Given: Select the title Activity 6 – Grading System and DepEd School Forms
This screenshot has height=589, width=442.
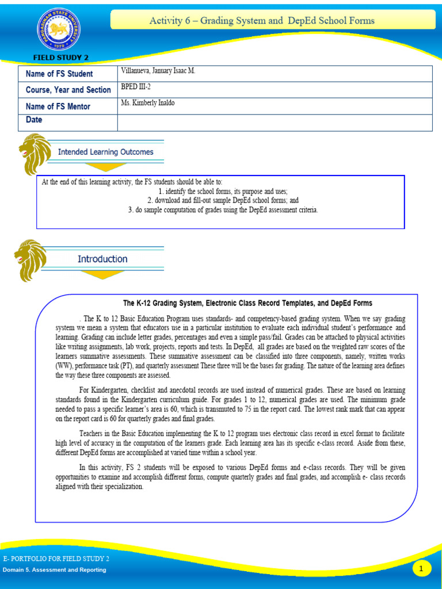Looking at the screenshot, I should coord(262,21).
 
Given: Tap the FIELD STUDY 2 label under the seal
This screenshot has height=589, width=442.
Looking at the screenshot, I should coord(60,58).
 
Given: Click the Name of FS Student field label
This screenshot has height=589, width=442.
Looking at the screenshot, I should coord(59,74).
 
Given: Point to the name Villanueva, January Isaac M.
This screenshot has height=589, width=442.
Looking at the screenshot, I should coord(158,71).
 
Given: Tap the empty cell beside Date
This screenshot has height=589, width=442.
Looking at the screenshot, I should coord(275,123).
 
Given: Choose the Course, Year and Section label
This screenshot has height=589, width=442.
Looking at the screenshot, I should coord(68,90).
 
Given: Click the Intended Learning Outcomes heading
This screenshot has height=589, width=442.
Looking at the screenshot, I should coord(105,152).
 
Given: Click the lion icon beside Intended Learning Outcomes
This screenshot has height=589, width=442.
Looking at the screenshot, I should coord(34,153).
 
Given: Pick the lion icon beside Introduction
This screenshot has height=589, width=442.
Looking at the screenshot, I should coord(29,260).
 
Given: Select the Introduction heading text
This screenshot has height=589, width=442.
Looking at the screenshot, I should coord(102,259).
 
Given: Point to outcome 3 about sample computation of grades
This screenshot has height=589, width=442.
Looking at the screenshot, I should coord(223,210).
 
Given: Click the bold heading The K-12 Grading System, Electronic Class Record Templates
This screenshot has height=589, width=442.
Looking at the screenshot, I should coord(247,303).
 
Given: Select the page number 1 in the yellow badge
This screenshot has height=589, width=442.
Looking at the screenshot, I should coord(422,568).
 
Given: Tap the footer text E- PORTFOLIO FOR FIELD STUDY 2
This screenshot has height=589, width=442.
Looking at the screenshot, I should coord(56,559).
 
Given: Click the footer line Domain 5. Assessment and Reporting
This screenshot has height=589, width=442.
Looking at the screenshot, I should coord(54,570).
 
